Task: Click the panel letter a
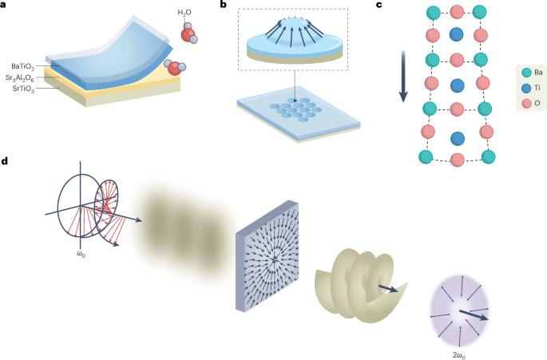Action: click(6, 6)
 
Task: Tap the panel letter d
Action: click(6, 161)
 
